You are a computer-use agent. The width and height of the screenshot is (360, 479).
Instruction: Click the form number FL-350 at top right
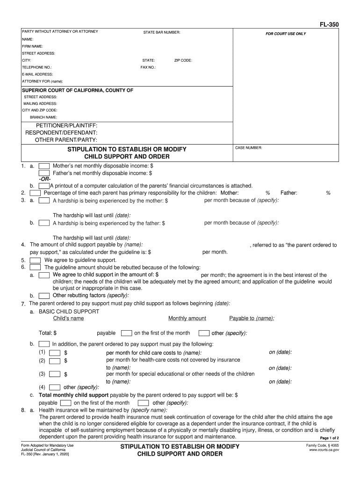point(329,24)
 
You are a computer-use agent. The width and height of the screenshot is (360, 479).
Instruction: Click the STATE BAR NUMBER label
point(162,32)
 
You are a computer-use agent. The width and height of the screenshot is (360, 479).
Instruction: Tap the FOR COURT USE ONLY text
point(286,34)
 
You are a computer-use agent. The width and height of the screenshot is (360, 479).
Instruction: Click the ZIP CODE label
point(183,60)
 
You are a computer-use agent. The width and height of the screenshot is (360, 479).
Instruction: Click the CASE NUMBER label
point(249,148)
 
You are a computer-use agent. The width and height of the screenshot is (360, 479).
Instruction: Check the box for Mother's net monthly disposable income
point(44,166)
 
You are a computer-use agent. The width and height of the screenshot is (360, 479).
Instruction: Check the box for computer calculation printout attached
point(44,186)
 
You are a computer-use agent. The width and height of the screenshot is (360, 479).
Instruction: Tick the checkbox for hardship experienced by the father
point(44,223)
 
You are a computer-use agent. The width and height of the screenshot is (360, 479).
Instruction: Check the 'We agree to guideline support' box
point(35,260)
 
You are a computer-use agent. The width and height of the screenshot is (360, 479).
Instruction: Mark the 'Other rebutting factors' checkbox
point(44,296)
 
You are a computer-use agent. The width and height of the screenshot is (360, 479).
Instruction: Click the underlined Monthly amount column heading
point(187,319)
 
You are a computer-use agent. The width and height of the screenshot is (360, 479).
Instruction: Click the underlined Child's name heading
point(69,319)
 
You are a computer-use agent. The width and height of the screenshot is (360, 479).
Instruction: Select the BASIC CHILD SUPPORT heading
point(69,311)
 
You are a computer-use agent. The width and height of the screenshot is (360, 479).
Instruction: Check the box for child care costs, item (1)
point(55,352)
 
